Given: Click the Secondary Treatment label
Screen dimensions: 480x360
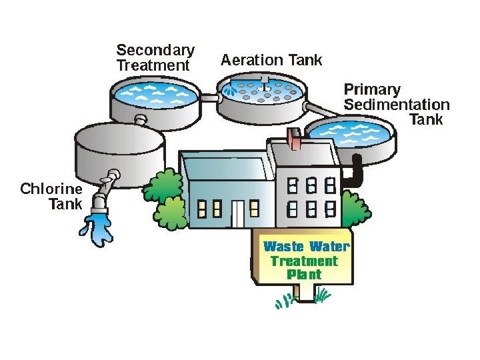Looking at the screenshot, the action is tap(155, 58).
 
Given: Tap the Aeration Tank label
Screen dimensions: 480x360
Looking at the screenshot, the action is tap(271, 60).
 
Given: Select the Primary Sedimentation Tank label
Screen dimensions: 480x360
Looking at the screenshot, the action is tap(397, 104).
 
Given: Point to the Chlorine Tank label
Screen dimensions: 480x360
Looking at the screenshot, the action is tap(51, 196).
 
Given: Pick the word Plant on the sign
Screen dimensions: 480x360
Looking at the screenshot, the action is tap(305, 274).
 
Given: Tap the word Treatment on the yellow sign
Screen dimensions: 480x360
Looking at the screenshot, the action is tap(305, 261).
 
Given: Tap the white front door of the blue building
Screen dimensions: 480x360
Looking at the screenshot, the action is tap(238, 212).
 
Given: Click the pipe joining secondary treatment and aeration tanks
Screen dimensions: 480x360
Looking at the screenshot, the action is tap(209, 98).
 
